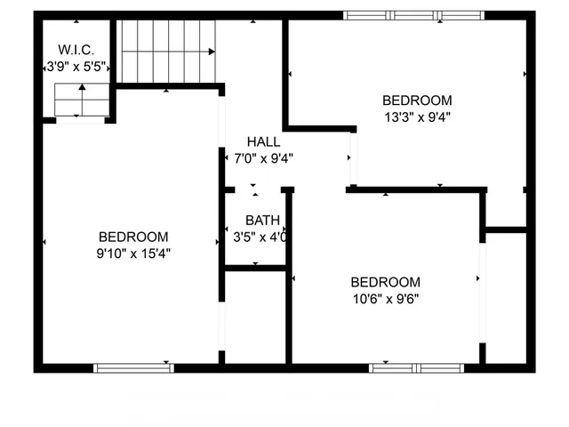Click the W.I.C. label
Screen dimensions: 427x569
pyautogui.click(x=76, y=49)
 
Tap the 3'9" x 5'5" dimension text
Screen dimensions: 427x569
pyautogui.click(x=76, y=66)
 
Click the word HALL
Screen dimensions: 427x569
pyautogui.click(x=263, y=141)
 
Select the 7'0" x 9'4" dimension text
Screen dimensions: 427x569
pyautogui.click(x=263, y=159)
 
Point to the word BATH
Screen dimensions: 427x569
pyautogui.click(x=262, y=221)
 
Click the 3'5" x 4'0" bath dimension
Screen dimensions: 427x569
pyautogui.click(x=260, y=238)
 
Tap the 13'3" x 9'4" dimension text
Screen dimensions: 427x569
pyautogui.click(x=417, y=117)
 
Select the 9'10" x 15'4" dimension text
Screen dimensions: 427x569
pyautogui.click(x=133, y=254)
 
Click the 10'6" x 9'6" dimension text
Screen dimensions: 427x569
pyautogui.click(x=385, y=299)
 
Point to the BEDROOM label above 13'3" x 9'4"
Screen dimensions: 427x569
pyautogui.click(x=417, y=101)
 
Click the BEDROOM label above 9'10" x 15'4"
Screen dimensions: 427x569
pyautogui.click(x=133, y=237)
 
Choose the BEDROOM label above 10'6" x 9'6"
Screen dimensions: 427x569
pyautogui.click(x=385, y=282)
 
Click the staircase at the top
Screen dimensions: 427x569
pyautogui.click(x=168, y=51)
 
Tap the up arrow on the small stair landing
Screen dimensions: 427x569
pyautogui.click(x=83, y=88)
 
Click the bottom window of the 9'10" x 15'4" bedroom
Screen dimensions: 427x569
pyautogui.click(x=133, y=367)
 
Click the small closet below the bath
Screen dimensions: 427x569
pyautogui.click(x=254, y=316)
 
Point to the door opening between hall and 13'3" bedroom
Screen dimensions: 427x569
pyautogui.click(x=353, y=157)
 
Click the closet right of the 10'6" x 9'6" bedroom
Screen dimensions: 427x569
pyautogui.click(x=507, y=298)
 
